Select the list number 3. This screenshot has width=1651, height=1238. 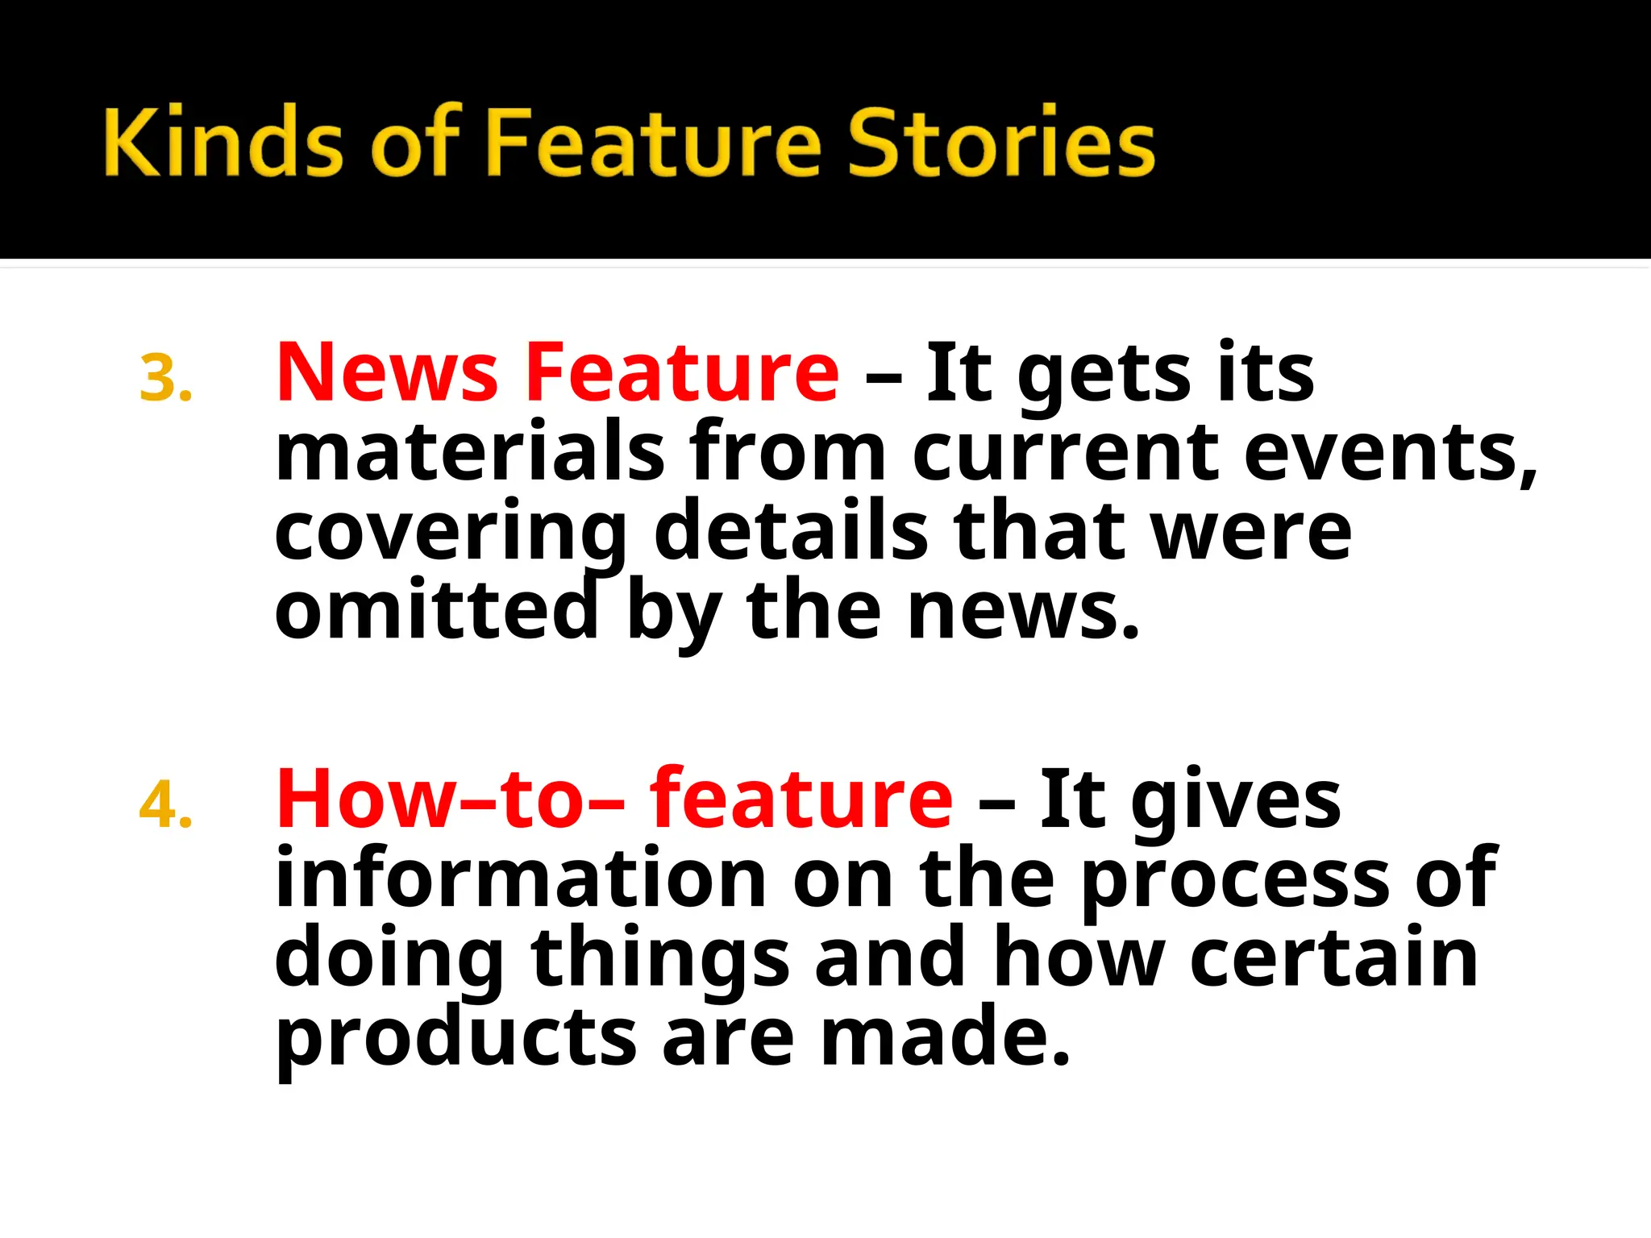click(165, 379)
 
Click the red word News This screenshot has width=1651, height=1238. click(387, 372)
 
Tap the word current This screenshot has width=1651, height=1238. click(1065, 453)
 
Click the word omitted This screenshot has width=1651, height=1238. click(436, 610)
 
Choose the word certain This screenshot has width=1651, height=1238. click(1333, 958)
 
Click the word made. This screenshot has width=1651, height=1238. click(945, 1036)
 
